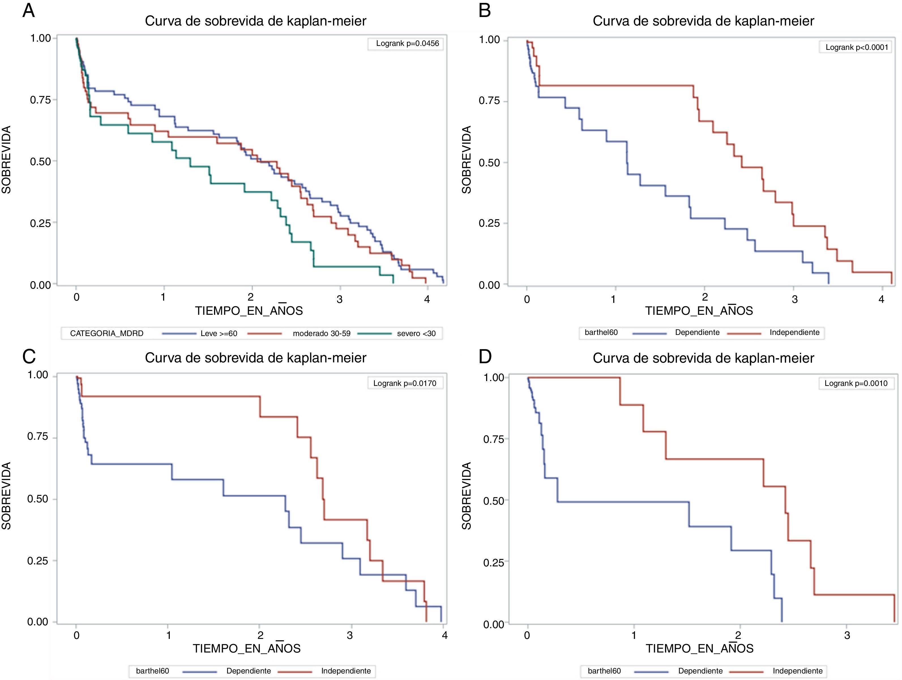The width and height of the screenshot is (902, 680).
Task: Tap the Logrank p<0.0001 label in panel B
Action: click(856, 47)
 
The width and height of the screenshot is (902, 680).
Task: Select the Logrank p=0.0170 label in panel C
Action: click(405, 383)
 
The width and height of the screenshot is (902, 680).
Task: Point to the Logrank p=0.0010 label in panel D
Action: click(856, 383)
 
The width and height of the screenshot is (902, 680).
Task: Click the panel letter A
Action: click(29, 10)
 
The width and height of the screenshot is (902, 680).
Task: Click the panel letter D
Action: click(485, 356)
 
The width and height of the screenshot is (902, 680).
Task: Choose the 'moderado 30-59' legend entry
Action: click(321, 333)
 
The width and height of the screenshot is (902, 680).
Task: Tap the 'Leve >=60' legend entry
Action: click(219, 333)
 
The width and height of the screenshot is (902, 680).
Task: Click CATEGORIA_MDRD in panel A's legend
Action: click(107, 333)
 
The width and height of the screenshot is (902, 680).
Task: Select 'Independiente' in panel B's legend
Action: click(794, 332)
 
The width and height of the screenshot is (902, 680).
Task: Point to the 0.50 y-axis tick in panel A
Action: click(40, 161)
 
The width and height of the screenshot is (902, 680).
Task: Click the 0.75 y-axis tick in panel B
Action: click(489, 101)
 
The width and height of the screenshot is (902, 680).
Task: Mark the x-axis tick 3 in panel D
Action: click(847, 636)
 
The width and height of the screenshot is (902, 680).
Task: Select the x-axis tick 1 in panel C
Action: click(168, 636)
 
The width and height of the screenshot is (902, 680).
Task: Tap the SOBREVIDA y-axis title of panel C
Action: click(7, 496)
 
